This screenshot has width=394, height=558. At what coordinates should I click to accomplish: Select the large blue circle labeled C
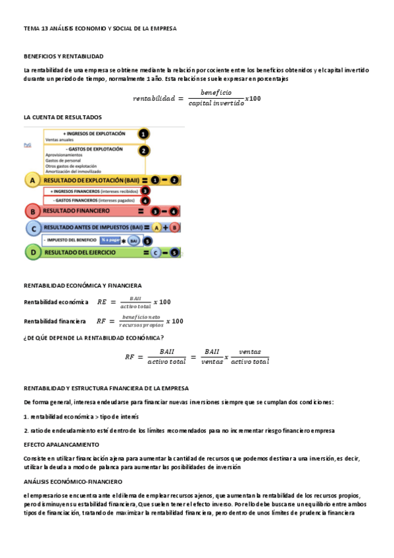(x=32, y=228)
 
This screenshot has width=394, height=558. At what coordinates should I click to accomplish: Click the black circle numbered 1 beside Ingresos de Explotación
(x=143, y=134)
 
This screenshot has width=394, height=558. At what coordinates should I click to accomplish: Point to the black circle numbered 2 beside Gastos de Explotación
(x=143, y=150)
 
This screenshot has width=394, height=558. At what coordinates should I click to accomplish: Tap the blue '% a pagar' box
(x=111, y=240)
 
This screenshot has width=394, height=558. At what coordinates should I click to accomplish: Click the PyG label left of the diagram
(x=27, y=143)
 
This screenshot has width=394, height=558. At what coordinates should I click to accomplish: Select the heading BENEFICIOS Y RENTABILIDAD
(x=64, y=57)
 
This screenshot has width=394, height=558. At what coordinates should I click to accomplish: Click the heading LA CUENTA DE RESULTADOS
(x=62, y=117)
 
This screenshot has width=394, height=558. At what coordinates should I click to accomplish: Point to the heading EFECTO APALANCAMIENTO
(x=58, y=445)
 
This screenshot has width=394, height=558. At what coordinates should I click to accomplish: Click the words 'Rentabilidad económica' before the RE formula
(x=56, y=302)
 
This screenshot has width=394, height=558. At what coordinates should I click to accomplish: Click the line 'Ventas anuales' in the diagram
(x=59, y=139)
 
